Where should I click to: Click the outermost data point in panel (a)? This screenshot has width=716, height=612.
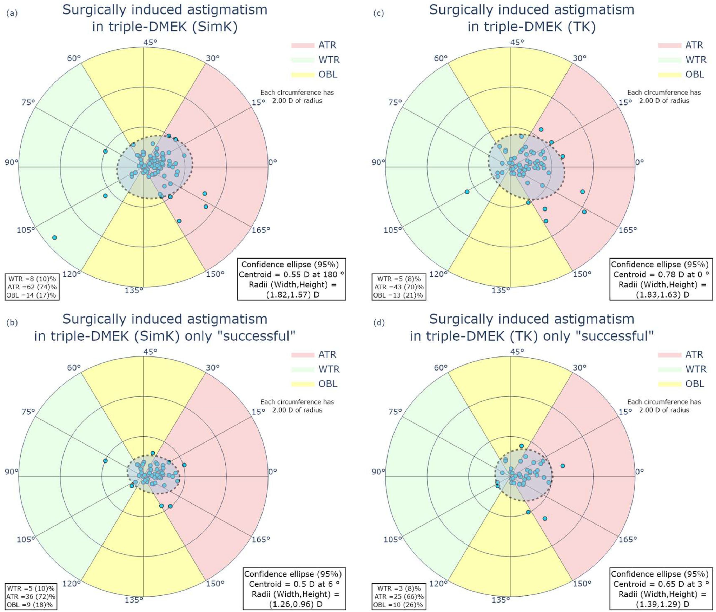coord(54,237)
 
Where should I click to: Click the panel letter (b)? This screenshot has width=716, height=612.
coord(12,323)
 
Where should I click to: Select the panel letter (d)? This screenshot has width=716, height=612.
coord(379,323)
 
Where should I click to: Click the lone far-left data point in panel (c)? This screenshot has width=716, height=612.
coord(467,192)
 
